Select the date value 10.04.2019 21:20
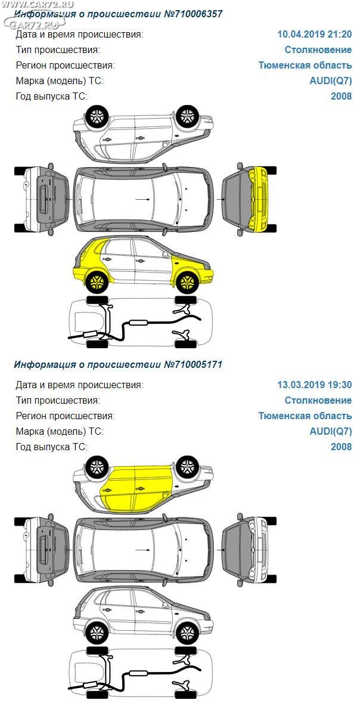pyautogui.click(x=315, y=34)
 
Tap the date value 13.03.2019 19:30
pyautogui.click(x=315, y=385)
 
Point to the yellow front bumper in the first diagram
pyautogui.click(x=259, y=199)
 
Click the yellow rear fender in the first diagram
pyautogui.click(x=89, y=260)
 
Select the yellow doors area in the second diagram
pyautogui.click(x=136, y=488)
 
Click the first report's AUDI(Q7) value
pyautogui.click(x=331, y=81)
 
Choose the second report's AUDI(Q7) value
pyautogui.click(x=331, y=432)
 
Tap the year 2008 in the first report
pyautogui.click(x=342, y=97)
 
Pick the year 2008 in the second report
pyautogui.click(x=342, y=447)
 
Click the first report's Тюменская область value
pyautogui.click(x=305, y=66)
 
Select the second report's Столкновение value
pyautogui.click(x=318, y=400)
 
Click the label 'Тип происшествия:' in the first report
pyautogui.click(x=58, y=49)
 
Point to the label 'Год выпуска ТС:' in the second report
pyautogui.click(x=52, y=447)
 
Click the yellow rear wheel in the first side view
pyautogui.click(x=97, y=283)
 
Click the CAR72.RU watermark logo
pyautogui.click(x=33, y=18)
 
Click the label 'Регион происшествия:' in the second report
pyautogui.click(x=66, y=416)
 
